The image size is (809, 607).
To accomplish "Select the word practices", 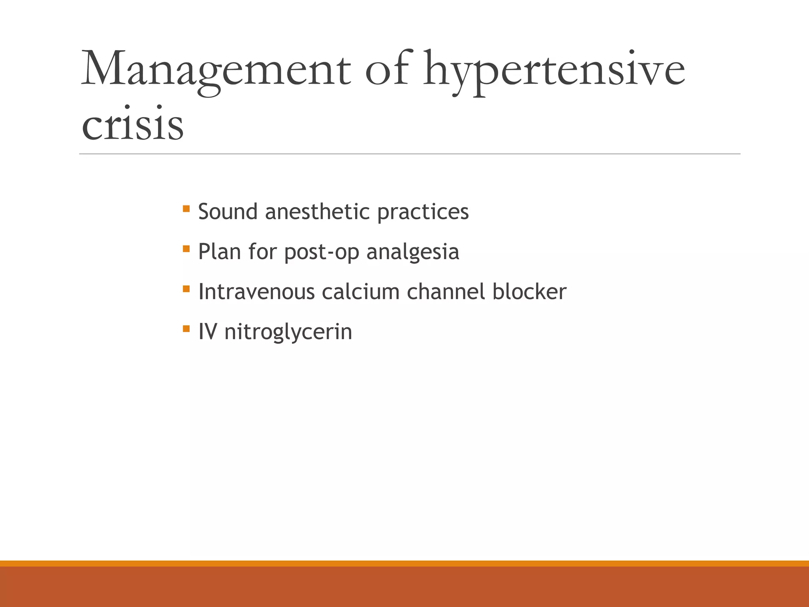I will pyautogui.click(x=423, y=212).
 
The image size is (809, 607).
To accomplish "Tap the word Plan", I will pyautogui.click(x=220, y=251).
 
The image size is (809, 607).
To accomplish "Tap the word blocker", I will pyautogui.click(x=529, y=292).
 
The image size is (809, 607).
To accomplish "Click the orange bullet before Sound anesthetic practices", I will pyautogui.click(x=186, y=208).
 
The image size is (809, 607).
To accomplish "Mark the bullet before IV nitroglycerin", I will pyautogui.click(x=186, y=328).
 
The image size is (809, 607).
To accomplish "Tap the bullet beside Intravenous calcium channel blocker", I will pyautogui.click(x=186, y=288).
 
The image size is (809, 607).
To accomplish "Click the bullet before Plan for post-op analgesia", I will pyautogui.click(x=186, y=249).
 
